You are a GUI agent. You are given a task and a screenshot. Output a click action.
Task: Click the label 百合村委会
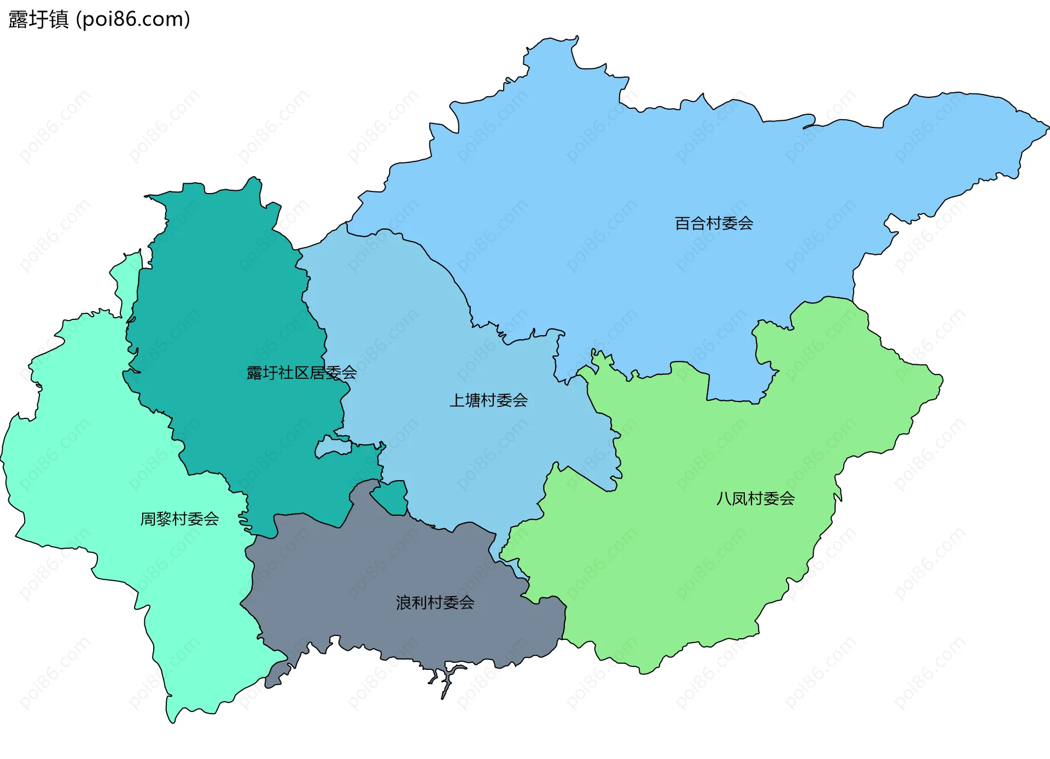point(714,223)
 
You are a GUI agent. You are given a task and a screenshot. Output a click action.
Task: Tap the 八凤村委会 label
point(755,499)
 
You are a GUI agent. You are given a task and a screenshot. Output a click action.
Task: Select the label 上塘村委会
point(488,400)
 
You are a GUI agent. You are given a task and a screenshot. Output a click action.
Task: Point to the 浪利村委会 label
point(435,603)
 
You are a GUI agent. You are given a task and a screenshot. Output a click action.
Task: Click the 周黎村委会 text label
point(179,518)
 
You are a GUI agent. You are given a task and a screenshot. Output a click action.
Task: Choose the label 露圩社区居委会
point(301,373)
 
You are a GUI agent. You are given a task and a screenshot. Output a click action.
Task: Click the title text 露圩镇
point(38,19)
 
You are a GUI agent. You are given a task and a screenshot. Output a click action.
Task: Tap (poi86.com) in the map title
point(133,19)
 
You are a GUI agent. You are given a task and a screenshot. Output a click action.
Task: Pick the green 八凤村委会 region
point(711,547)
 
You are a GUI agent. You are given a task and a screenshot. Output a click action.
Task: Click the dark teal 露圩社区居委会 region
point(230,328)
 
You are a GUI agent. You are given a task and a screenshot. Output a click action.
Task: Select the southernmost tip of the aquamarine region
point(172,720)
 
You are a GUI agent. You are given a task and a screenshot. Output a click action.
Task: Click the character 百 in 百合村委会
point(682,223)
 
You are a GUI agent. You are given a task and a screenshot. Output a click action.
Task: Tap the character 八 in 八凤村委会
point(724,499)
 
